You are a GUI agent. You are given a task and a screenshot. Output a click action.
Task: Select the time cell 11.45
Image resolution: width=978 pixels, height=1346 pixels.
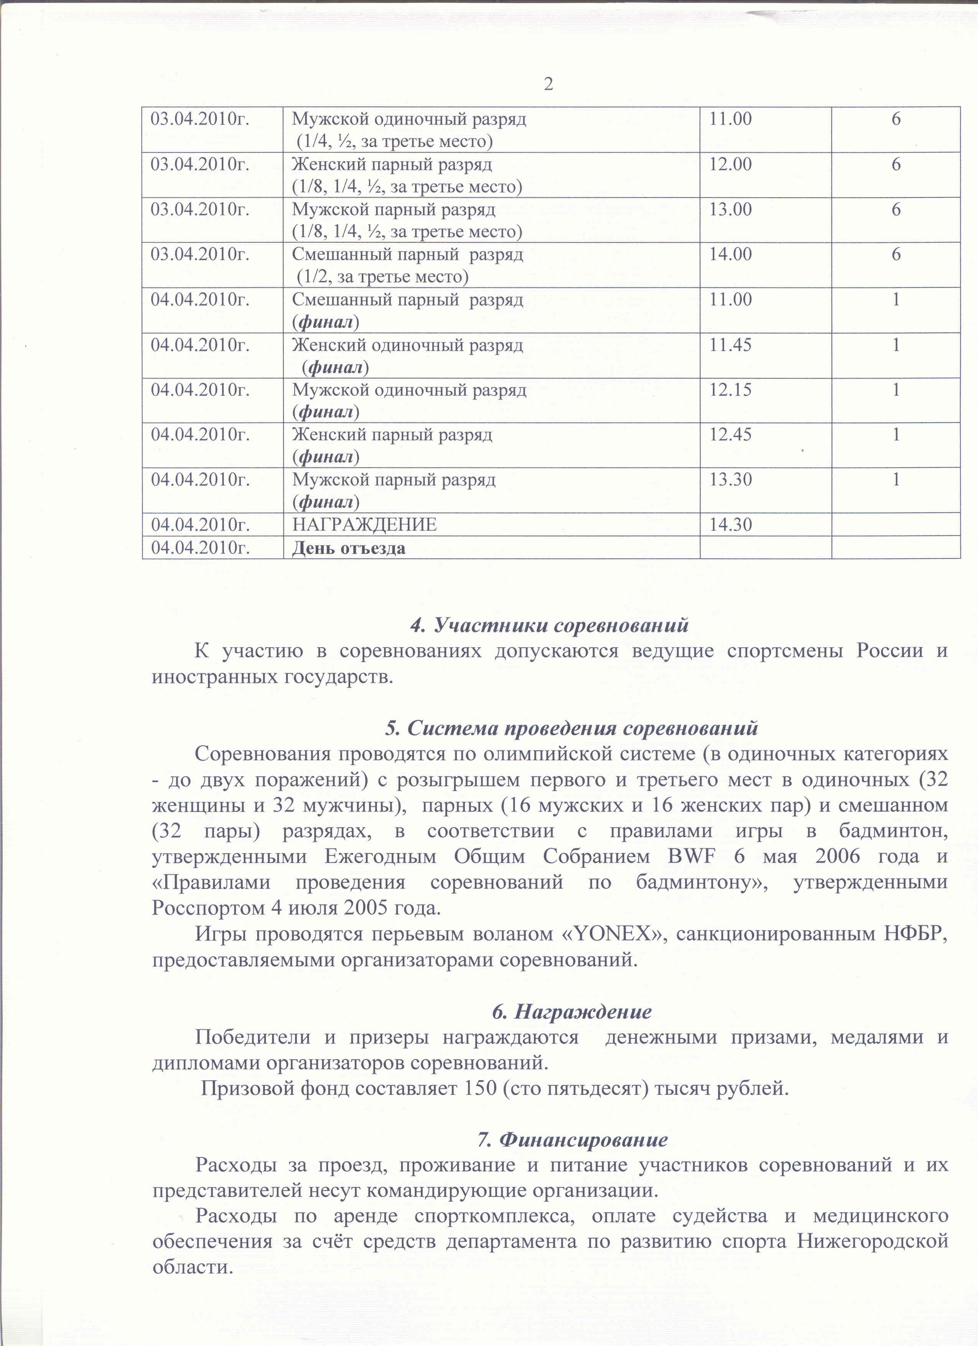(731, 345)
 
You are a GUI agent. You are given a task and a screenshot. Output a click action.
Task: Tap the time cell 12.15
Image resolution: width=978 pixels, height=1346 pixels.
(731, 390)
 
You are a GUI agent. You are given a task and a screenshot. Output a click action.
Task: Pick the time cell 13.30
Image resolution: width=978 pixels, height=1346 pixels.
(731, 479)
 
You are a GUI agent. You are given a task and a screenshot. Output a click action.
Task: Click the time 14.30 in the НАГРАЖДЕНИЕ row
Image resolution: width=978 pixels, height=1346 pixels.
(731, 525)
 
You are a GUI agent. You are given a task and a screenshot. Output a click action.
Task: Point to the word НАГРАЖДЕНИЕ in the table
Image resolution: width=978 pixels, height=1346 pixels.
(364, 525)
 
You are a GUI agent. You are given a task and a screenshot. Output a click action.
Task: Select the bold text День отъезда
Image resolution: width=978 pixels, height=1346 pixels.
(348, 548)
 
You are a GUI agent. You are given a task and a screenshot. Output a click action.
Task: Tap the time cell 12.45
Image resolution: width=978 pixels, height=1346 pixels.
(731, 435)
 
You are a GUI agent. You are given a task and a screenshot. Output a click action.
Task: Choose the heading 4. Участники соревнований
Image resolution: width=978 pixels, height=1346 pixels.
(549, 625)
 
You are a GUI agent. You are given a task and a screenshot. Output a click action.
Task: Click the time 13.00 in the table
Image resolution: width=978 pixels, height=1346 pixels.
(731, 209)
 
